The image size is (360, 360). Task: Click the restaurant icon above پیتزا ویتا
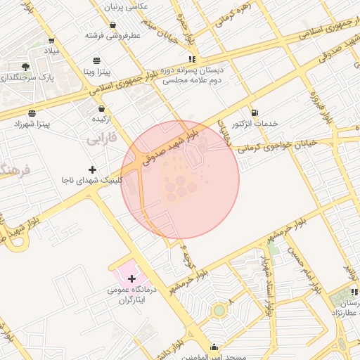coord(96,60)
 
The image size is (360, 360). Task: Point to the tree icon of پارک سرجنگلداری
coord(25,66)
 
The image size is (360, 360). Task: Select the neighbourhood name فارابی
coord(101,141)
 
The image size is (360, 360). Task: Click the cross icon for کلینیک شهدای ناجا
coord(92,169)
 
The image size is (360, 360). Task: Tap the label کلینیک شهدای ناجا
coord(93,181)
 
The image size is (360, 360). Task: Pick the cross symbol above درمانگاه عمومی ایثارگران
coord(131,279)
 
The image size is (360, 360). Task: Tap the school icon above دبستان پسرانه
coord(192,59)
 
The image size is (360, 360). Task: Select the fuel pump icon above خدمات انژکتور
coord(254,112)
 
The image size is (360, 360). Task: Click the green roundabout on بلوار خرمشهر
coord(219,310)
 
